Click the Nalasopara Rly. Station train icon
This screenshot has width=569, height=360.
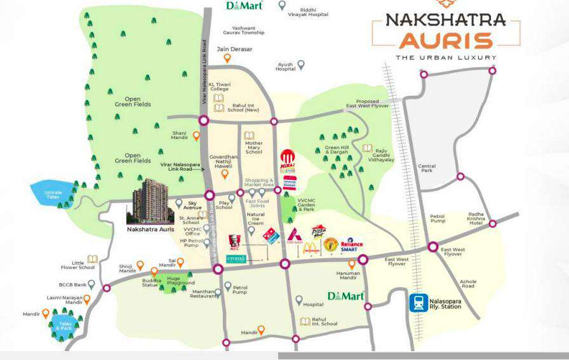point(418,303)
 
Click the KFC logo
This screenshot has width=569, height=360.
point(234,241)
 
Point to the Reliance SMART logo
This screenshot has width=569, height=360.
point(351,246)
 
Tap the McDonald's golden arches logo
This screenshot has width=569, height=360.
point(311,248)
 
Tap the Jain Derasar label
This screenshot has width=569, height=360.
point(234,49)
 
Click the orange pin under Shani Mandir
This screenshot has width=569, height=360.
point(196,135)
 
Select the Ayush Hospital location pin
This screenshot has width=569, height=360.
point(302,64)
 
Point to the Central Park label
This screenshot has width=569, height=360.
point(426,168)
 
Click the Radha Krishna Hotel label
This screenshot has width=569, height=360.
point(476,218)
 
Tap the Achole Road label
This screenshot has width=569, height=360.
point(468,284)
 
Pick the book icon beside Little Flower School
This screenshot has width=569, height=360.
point(93,258)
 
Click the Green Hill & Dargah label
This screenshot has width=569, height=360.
point(337,150)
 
